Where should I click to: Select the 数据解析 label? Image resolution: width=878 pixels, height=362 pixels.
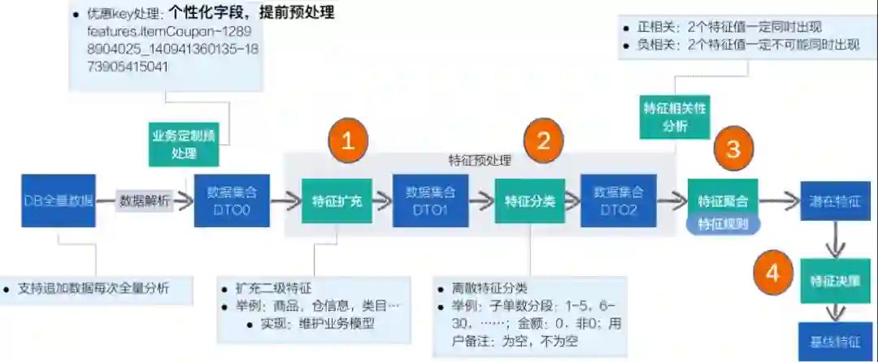145,200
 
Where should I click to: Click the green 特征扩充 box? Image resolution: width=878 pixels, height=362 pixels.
337,200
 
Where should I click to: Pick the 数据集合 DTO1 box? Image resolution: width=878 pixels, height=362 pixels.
430,200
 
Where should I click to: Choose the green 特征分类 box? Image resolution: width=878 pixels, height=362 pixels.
529,200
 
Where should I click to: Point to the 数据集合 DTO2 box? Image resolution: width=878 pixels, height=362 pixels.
618,200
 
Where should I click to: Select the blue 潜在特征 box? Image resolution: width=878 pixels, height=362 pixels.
835,200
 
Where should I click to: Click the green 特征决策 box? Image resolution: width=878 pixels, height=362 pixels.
835,281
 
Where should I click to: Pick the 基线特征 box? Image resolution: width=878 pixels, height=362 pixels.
835,341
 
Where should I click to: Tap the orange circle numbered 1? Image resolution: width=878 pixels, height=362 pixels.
348,141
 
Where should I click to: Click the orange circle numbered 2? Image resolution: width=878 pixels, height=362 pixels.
544,141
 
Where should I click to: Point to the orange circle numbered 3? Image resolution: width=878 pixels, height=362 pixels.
733,149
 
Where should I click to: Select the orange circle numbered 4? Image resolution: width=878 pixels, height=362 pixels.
773,274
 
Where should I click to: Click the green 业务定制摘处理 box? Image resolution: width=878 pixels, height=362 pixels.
185,144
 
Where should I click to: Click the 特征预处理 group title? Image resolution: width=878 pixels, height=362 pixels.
480,161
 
